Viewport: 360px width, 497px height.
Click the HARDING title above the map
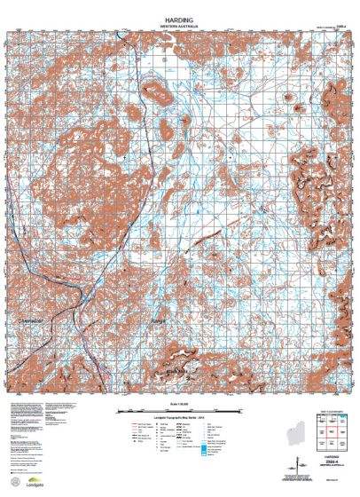tap(180, 16)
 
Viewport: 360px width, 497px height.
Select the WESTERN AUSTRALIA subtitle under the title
tap(180, 24)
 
